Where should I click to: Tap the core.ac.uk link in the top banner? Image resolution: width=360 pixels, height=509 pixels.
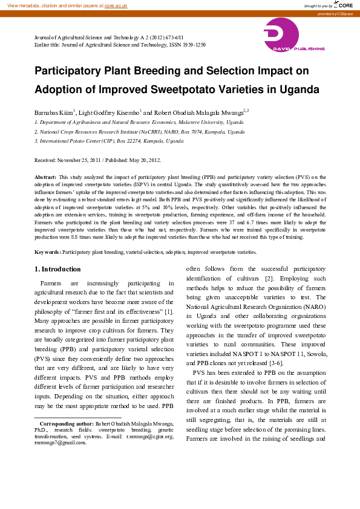point(116,5)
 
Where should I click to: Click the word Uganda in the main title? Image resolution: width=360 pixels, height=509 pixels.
point(296,89)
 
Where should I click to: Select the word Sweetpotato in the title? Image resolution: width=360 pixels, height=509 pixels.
point(183,89)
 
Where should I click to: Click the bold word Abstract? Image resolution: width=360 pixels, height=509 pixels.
point(45,178)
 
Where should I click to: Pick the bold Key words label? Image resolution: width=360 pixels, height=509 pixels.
point(47,251)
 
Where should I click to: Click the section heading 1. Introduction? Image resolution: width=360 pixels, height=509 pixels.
point(57,269)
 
